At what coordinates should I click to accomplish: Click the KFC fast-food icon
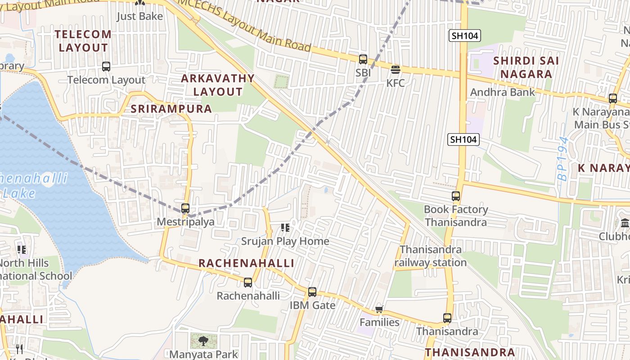(396, 70)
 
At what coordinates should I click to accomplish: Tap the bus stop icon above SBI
(363, 59)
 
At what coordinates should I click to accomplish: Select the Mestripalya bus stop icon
(185, 208)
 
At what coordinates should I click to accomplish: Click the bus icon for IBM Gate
(312, 292)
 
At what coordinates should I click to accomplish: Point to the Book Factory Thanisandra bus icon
(456, 196)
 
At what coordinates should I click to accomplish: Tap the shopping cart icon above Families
(379, 309)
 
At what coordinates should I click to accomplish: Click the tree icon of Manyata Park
(203, 341)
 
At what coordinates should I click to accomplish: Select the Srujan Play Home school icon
(285, 228)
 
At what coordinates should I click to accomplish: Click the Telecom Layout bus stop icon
(106, 67)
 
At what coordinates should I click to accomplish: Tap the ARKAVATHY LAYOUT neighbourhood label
(218, 85)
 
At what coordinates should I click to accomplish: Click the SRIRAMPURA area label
(171, 109)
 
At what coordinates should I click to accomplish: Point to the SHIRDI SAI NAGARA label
(526, 67)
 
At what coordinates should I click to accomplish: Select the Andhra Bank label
(503, 92)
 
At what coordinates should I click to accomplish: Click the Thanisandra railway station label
(431, 256)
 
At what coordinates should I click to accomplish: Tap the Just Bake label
(139, 16)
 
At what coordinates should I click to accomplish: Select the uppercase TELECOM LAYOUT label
(83, 41)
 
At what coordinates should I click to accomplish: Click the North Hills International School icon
(21, 249)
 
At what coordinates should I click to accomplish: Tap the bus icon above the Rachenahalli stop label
(247, 283)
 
